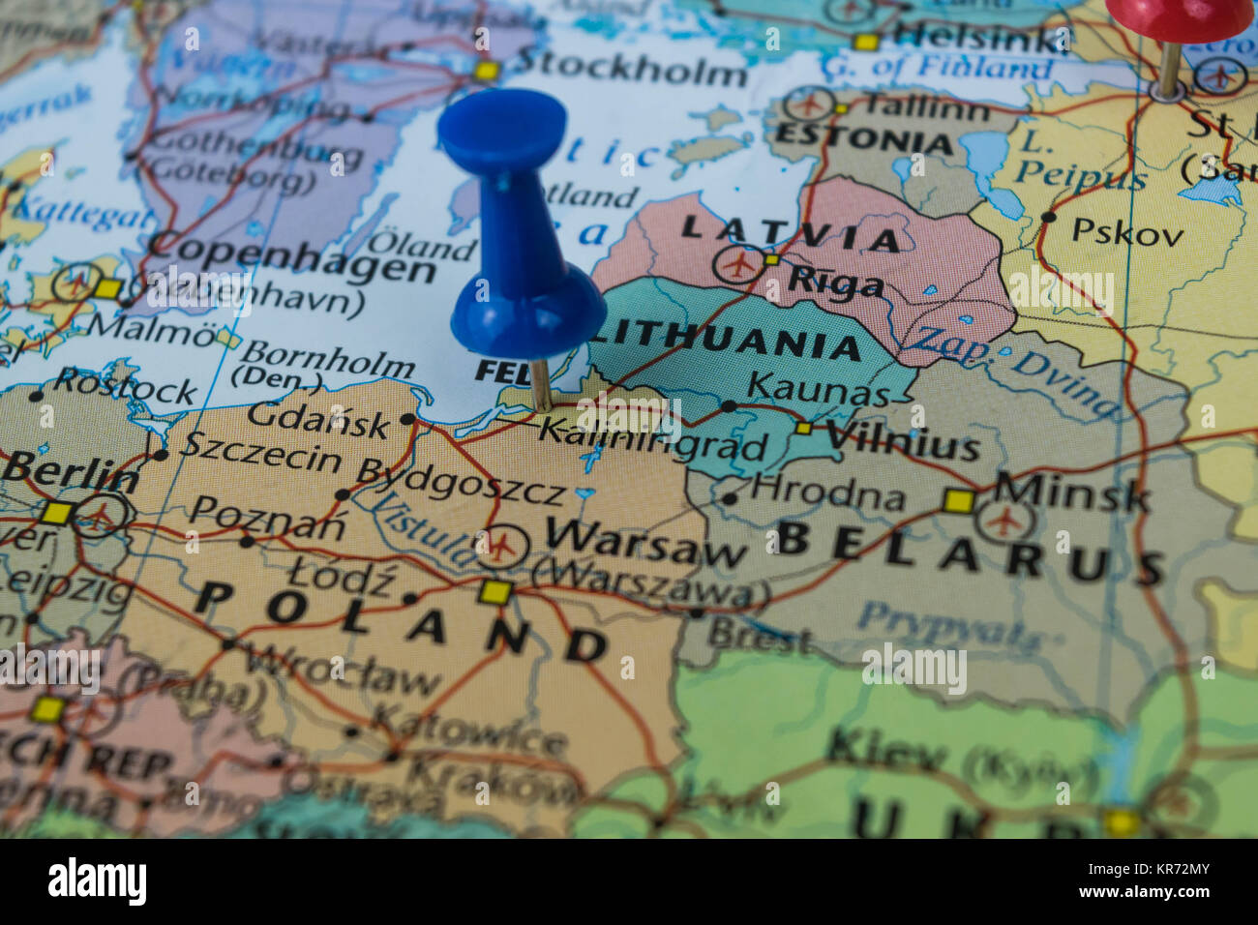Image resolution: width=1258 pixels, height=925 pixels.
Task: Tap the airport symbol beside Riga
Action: click(x=740, y=263)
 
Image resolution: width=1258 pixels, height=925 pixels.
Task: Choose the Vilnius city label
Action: click(x=902, y=443)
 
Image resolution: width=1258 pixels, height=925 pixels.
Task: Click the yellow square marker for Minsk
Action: click(x=958, y=500)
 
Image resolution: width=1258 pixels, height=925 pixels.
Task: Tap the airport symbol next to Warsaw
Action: click(x=501, y=546)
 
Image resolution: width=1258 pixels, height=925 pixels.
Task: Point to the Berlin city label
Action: click(x=70, y=474)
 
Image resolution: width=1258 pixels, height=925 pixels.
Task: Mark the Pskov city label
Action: click(x=1127, y=232)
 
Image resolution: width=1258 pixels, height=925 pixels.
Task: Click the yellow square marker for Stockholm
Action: click(x=486, y=71)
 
